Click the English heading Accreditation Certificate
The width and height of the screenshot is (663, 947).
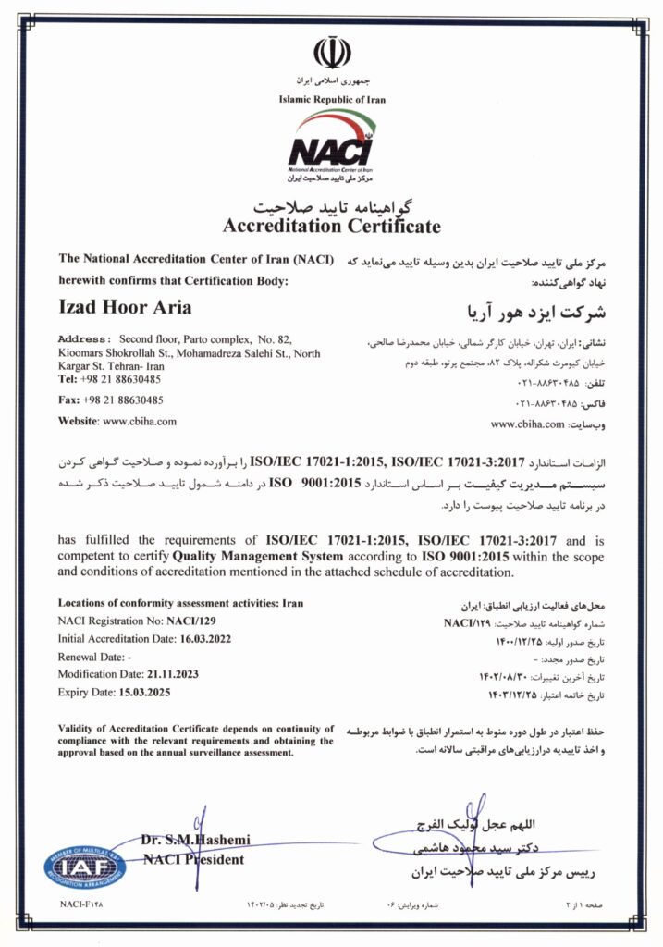331,227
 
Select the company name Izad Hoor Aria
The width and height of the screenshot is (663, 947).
125,307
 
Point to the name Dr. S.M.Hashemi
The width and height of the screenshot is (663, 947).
195,840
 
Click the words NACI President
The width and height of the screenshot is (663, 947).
193,859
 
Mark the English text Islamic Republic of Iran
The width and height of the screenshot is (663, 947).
331,99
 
